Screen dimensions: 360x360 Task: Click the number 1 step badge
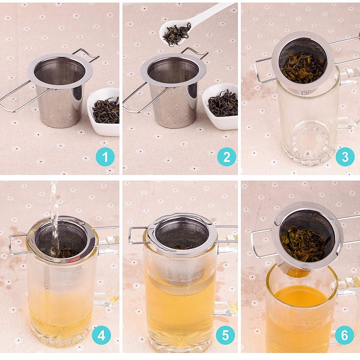click(105, 157)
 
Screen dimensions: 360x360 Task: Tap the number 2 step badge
click(226, 157)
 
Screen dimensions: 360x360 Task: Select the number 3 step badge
click(345, 157)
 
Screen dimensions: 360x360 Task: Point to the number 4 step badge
click(101, 335)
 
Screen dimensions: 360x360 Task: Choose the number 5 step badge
click(226, 335)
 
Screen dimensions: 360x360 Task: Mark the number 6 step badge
click(344, 335)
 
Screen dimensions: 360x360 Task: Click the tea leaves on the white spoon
click(176, 34)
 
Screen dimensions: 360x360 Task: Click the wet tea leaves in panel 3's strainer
click(302, 67)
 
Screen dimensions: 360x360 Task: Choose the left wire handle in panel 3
click(261, 72)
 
